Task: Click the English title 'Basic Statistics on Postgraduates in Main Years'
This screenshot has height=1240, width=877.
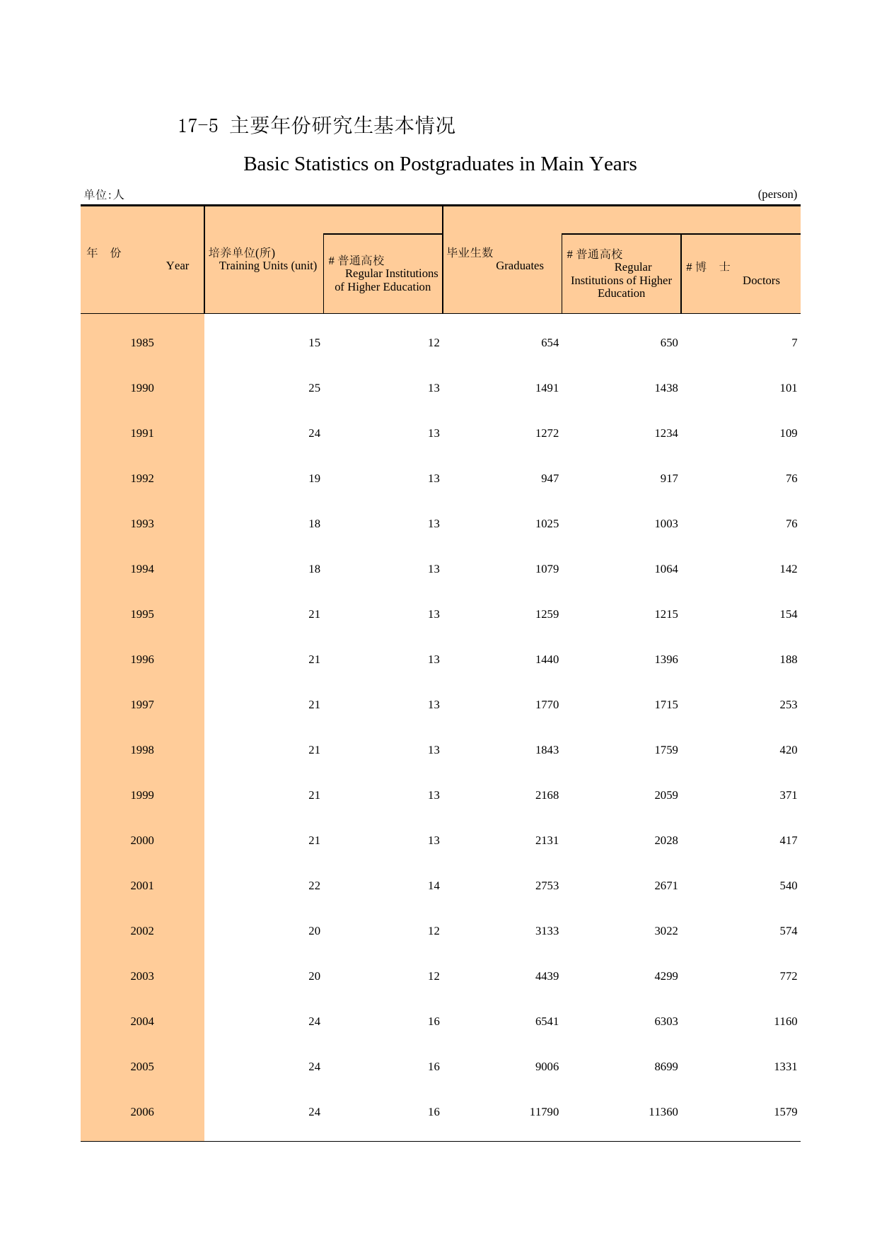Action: [x=440, y=164]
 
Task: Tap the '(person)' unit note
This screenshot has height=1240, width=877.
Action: [x=777, y=194]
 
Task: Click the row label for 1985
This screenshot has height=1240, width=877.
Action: [x=142, y=343]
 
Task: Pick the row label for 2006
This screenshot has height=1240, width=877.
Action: [x=142, y=1112]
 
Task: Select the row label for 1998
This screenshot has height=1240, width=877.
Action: [x=142, y=750]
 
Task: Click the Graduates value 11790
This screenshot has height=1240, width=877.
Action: [x=544, y=1112]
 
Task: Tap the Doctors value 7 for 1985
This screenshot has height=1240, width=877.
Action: [x=794, y=343]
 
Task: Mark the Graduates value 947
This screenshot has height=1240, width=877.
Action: [x=550, y=479]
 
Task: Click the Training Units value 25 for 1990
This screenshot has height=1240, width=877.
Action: [x=314, y=388]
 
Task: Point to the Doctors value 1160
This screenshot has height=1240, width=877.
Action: [x=785, y=1022]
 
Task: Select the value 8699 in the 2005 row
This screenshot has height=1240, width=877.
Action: [x=666, y=1067]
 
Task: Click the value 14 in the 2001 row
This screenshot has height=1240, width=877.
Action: [x=434, y=886]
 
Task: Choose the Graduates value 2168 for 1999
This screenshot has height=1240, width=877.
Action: [x=547, y=795]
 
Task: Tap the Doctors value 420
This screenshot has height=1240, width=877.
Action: [x=788, y=750]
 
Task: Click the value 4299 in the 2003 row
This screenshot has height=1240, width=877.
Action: [x=666, y=976]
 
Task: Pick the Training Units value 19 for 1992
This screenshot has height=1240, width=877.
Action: [x=314, y=479]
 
